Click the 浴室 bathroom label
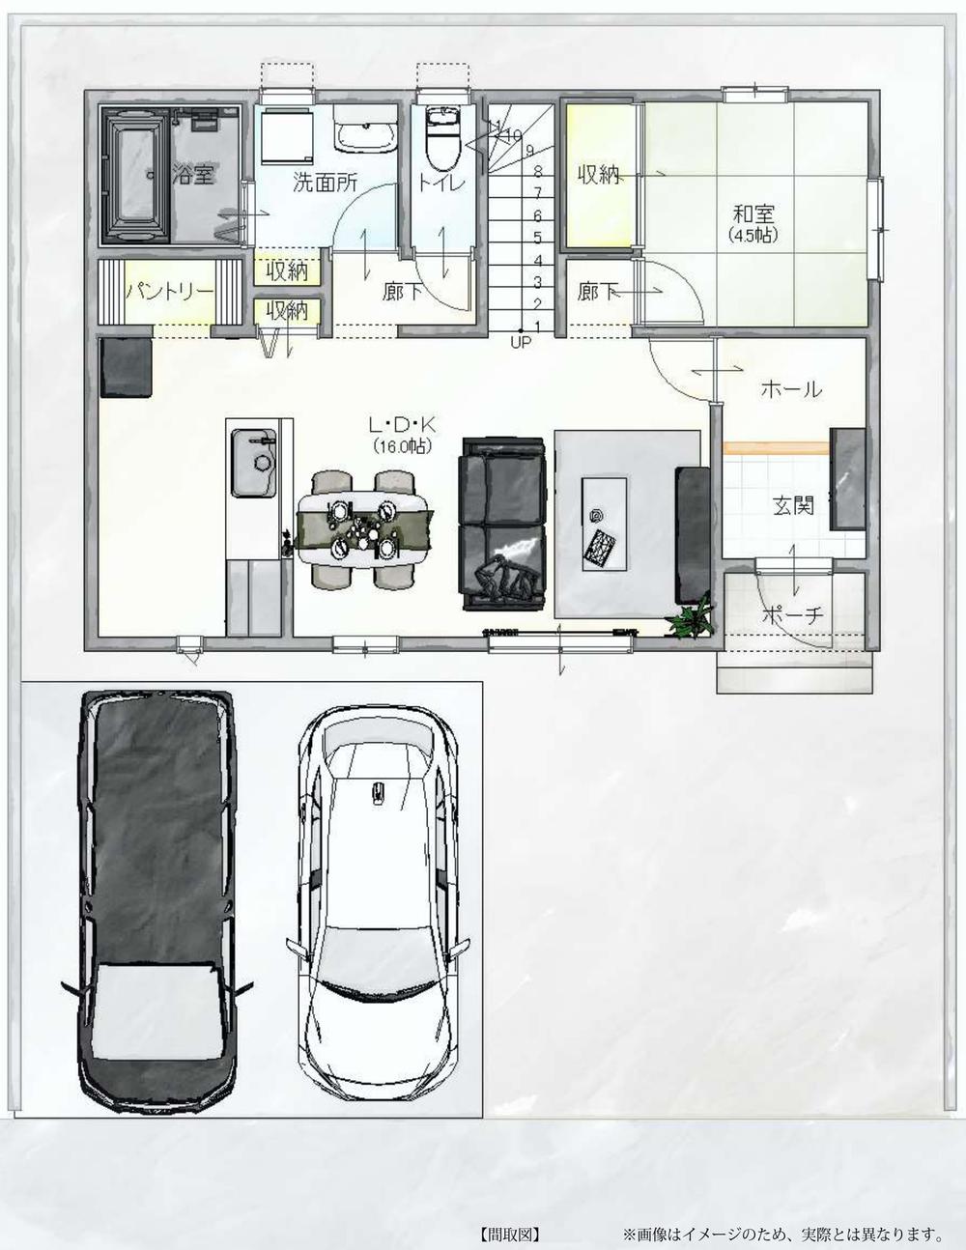coord(194,175)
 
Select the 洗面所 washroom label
coord(325,183)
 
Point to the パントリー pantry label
coord(170,291)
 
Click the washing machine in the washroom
coord(287,137)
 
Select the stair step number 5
coord(538,238)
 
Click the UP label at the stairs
coord(521,343)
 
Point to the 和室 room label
coord(753,214)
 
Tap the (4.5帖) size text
coord(753,236)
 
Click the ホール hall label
coord(791,390)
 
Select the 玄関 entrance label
coord(793,505)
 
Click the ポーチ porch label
coord(792,615)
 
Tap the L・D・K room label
coord(402,425)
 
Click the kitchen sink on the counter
coord(253,463)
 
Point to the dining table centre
coord(364,528)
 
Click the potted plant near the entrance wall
coord(690,618)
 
